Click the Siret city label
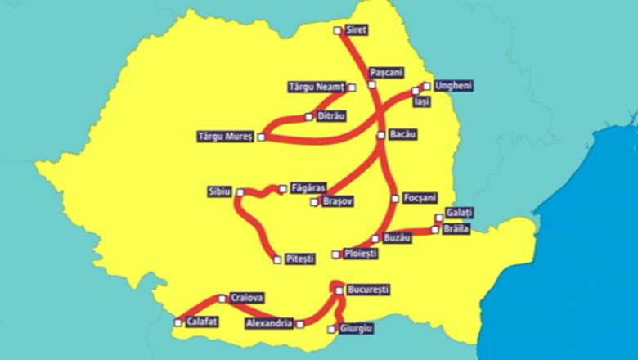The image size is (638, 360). [357, 30]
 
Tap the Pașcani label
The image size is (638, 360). [386, 72]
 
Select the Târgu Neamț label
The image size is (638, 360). [317, 87]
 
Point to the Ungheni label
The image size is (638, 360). [454, 85]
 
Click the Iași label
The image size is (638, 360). [422, 101]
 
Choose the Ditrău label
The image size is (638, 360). [331, 116]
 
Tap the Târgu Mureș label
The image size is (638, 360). [226, 135]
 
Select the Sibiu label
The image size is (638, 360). [220, 191]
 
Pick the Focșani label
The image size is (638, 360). [420, 198]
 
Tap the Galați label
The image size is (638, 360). [460, 213]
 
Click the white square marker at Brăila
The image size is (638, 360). [434, 230]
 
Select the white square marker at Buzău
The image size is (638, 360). [375, 239]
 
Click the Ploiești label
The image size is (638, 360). [360, 254]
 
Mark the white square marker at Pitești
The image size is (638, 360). [277, 259]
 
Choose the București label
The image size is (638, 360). [368, 290]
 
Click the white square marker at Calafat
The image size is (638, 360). [178, 322]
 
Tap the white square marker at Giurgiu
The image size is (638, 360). [330, 330]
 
